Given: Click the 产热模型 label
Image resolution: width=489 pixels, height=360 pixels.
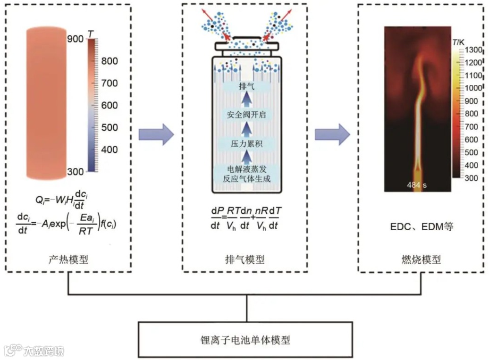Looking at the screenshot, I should coord(68,259).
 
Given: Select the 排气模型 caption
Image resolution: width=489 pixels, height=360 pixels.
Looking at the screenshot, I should coord(244,259).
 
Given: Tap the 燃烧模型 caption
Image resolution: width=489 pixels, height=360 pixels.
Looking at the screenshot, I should coord(421,259).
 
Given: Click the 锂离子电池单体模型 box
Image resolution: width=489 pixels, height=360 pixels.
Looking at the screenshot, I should coord(245,340).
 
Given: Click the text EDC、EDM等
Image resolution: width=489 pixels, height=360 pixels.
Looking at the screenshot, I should coord(421,227).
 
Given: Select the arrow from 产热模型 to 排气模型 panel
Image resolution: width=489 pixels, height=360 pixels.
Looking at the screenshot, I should coord(156,135).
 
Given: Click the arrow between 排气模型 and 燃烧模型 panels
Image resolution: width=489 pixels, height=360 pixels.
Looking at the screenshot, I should coord(332,135).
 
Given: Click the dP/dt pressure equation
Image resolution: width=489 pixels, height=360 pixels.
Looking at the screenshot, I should coord(244,218).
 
